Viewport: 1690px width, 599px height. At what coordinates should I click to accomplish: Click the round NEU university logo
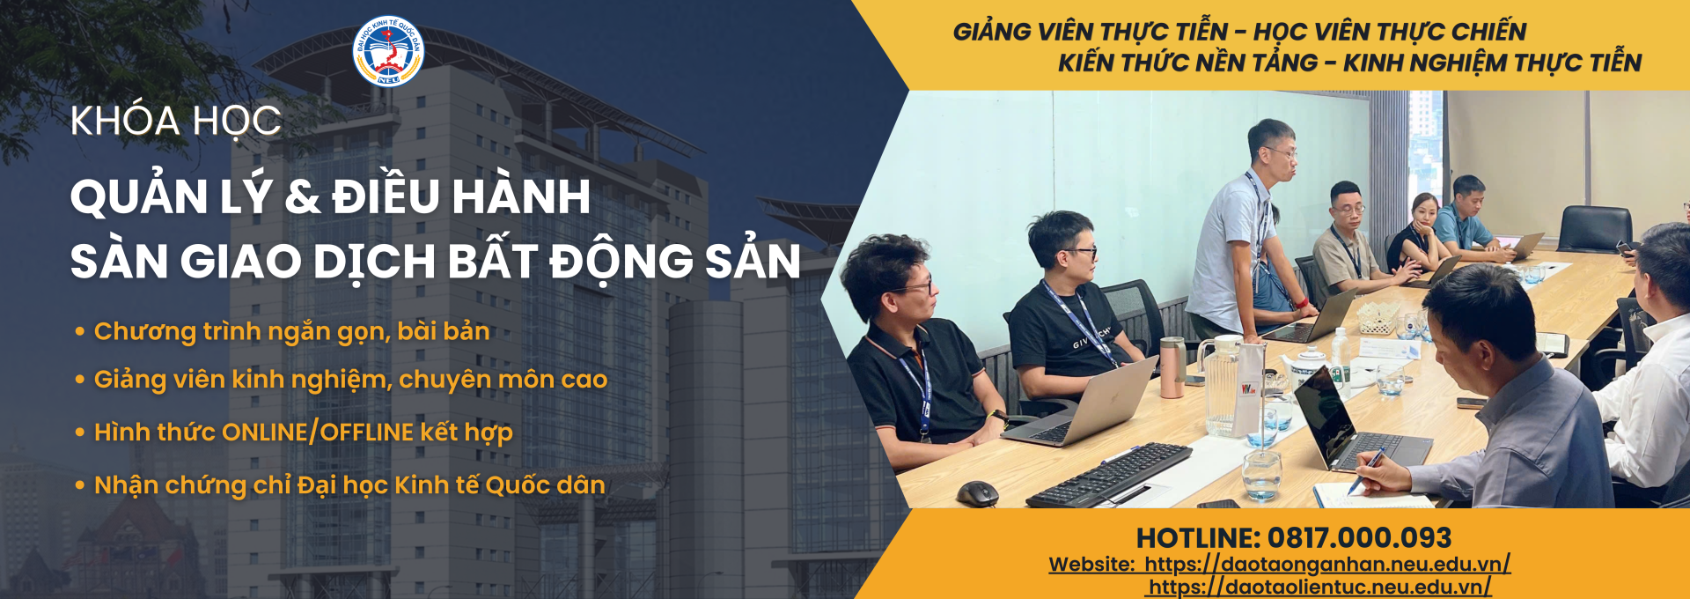pyautogui.click(x=388, y=51)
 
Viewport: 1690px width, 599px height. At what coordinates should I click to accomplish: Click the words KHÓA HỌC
pyautogui.click(x=176, y=122)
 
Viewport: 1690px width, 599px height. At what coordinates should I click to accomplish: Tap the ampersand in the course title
pyautogui.click(x=302, y=196)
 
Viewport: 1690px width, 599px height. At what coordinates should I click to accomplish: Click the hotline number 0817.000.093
pyautogui.click(x=1359, y=538)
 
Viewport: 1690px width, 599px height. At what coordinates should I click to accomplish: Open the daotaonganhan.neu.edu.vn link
pyautogui.click(x=1327, y=565)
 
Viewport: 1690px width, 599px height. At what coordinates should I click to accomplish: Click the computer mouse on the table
pyautogui.click(x=978, y=493)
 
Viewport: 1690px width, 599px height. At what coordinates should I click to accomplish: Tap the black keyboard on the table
pyautogui.click(x=1109, y=476)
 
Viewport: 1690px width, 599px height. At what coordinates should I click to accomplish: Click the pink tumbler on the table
pyautogui.click(x=1172, y=367)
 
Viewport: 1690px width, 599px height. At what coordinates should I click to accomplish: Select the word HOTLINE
pyautogui.click(x=1199, y=538)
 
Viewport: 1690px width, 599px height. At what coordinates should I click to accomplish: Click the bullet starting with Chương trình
pyautogui.click(x=283, y=332)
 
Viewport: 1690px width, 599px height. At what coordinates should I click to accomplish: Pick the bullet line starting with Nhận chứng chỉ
pyautogui.click(x=340, y=485)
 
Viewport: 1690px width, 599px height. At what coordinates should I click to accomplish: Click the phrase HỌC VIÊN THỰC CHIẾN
pyautogui.click(x=1390, y=32)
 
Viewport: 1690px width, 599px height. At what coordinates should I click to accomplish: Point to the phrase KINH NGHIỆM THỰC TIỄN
pyautogui.click(x=1493, y=63)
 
